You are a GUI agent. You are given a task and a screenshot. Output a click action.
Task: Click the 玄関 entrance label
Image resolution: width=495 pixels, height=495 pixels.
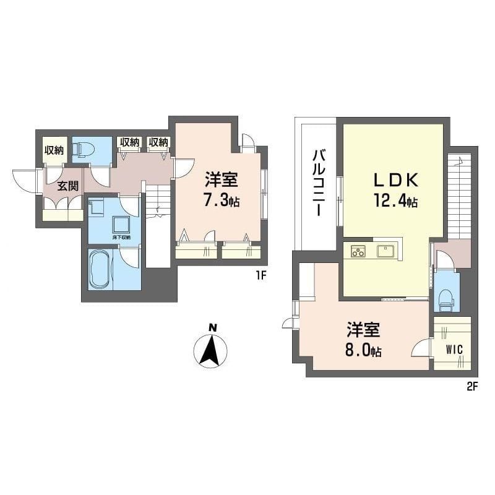click(67, 186)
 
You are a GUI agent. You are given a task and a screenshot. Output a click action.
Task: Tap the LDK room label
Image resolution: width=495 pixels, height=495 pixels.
click(396, 180)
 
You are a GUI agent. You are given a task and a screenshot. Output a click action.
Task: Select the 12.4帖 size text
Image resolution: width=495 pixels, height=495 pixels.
click(396, 200)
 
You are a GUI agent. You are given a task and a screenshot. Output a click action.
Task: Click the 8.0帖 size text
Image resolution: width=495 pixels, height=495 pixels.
click(363, 350)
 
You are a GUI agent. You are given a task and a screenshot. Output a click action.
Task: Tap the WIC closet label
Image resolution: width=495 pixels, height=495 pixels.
click(455, 350)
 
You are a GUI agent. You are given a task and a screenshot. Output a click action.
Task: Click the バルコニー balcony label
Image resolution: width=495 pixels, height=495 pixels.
click(319, 183)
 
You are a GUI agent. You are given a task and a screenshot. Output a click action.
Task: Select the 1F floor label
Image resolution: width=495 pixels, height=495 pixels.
click(261, 276)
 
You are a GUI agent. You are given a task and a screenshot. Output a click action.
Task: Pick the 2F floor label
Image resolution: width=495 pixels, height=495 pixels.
click(472, 386)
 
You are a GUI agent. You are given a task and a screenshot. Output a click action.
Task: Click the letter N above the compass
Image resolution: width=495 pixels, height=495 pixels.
click(213, 328)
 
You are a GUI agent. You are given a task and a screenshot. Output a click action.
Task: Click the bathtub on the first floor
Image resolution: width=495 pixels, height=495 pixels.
click(101, 270)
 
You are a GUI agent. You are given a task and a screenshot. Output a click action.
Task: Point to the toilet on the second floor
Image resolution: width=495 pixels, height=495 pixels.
click(446, 299)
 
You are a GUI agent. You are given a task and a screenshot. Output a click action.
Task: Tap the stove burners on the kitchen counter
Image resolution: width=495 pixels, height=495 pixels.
click(358, 251)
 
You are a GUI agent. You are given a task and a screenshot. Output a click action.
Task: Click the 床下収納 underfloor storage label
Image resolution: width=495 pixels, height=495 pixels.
click(121, 238)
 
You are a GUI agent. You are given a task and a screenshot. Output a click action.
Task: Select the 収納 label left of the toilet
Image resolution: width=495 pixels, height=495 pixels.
click(54, 150)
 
